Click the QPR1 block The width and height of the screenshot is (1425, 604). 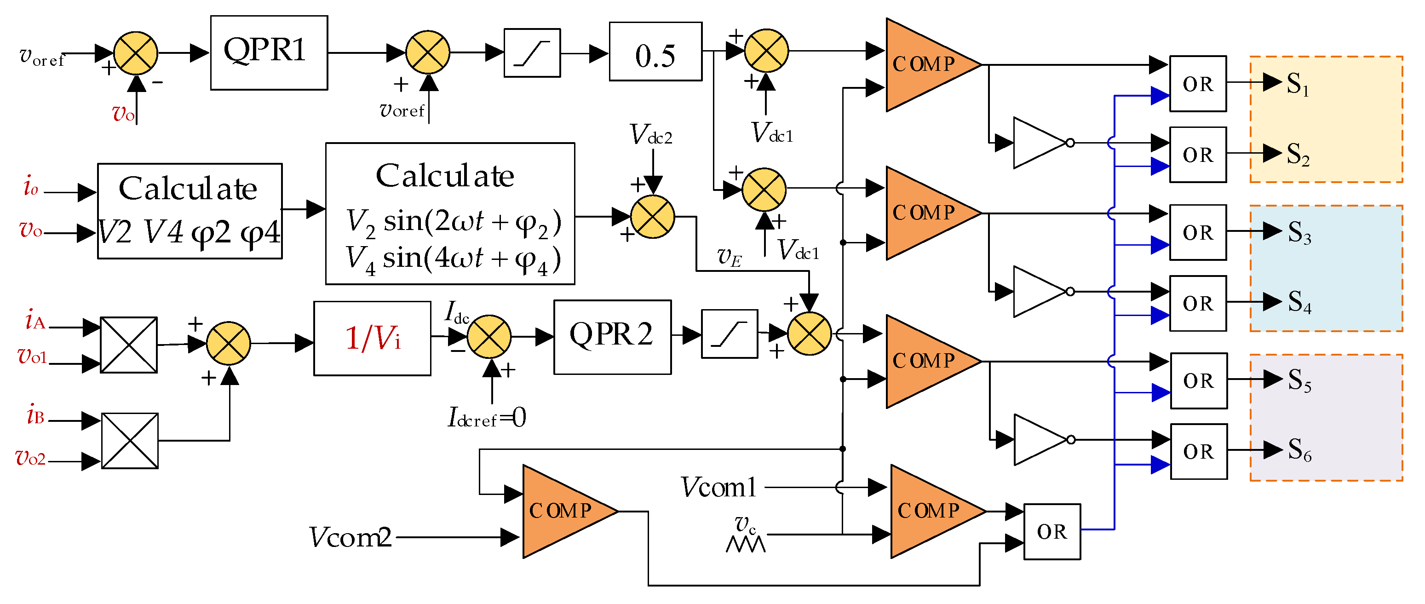(x=269, y=52)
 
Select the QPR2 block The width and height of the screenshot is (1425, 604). (x=612, y=337)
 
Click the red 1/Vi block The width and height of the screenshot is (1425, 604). (x=372, y=339)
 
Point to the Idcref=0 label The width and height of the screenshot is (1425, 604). (x=486, y=418)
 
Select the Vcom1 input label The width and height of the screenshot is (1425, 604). (x=718, y=487)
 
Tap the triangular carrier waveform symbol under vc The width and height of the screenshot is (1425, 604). (x=745, y=544)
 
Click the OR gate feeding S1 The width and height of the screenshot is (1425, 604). (x=1198, y=84)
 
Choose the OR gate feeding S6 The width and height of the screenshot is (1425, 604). (x=1198, y=451)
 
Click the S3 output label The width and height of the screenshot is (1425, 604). (x=1299, y=232)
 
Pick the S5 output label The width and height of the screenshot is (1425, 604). (x=1299, y=380)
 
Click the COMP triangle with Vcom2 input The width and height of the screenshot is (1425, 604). (x=564, y=511)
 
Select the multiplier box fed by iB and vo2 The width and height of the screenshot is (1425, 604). (x=129, y=441)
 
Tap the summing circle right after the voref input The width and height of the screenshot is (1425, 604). (x=136, y=53)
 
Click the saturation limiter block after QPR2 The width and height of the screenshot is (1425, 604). (x=729, y=334)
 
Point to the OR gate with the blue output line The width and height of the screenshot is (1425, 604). (x=1052, y=531)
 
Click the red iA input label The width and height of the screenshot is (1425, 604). (x=35, y=321)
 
